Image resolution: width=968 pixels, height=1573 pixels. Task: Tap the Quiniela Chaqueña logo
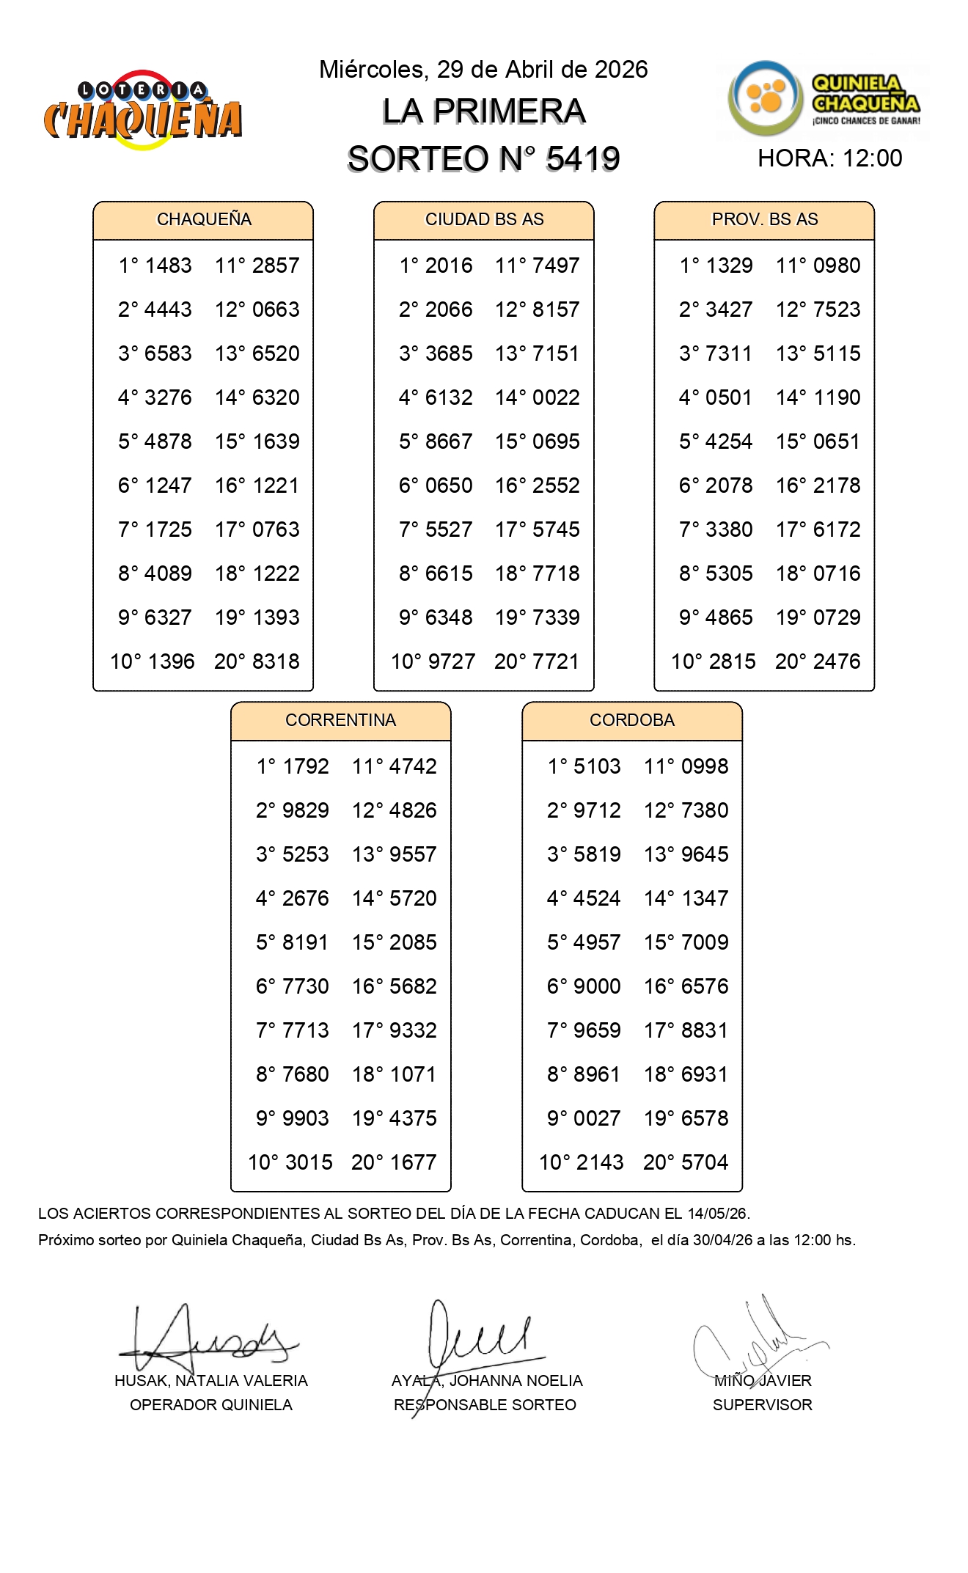click(x=824, y=100)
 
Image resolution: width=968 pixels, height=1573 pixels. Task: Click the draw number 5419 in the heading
click(x=583, y=159)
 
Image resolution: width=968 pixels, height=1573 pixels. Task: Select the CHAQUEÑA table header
click(x=204, y=219)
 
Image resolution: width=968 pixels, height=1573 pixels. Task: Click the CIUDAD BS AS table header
click(x=484, y=219)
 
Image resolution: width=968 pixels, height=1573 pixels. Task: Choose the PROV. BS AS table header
click(x=764, y=219)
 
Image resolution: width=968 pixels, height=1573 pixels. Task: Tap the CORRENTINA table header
click(x=340, y=720)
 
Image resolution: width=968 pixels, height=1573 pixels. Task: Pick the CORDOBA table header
click(x=631, y=720)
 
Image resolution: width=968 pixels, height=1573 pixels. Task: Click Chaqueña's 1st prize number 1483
click(x=168, y=265)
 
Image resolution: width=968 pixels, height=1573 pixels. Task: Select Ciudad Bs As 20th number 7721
click(x=556, y=661)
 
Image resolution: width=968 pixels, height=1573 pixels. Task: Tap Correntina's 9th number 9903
click(x=305, y=1118)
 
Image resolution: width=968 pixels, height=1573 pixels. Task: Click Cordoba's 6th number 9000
click(x=597, y=986)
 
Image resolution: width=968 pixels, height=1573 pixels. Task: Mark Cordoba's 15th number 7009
click(x=705, y=942)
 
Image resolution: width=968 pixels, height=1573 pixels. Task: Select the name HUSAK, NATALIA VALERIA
click(x=211, y=1381)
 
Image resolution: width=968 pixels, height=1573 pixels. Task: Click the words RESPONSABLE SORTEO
click(x=485, y=1405)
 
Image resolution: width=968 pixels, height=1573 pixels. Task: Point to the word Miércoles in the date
click(x=373, y=70)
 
